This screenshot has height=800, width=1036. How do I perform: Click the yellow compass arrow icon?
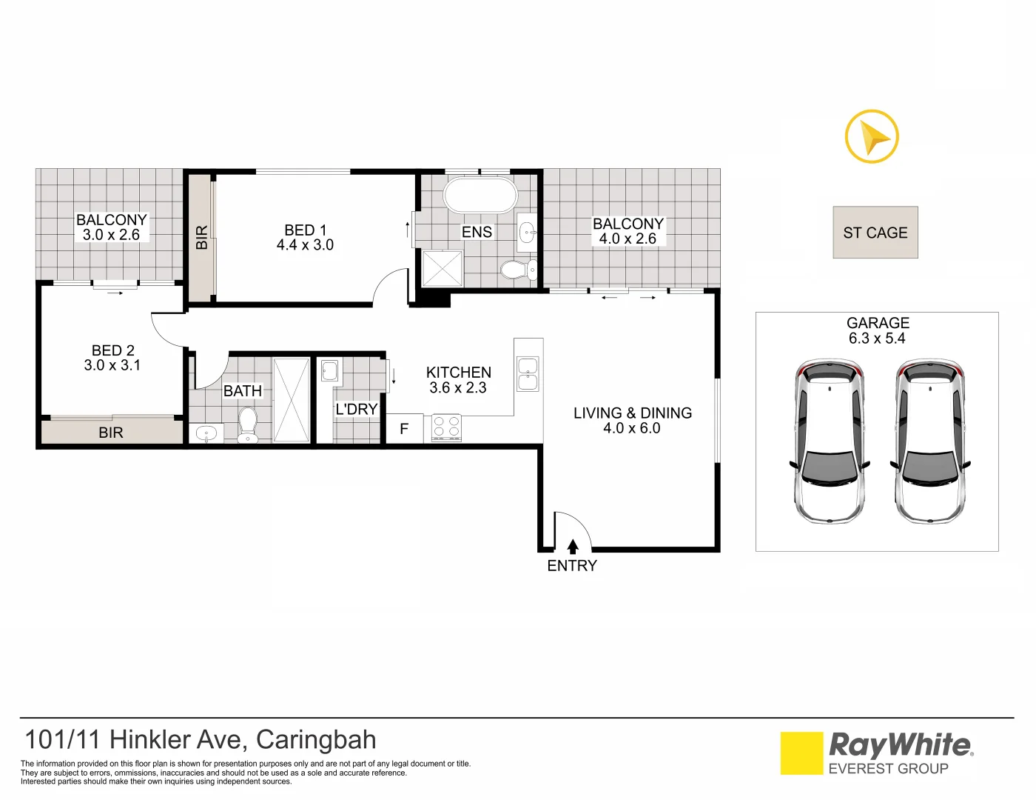pyautogui.click(x=872, y=137)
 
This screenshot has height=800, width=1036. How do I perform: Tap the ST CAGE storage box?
pyautogui.click(x=875, y=233)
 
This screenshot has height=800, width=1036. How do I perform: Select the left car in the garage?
pyautogui.click(x=829, y=442)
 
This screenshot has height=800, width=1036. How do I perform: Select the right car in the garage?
pyautogui.click(x=930, y=442)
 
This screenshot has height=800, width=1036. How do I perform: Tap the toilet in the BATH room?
pyautogui.click(x=248, y=424)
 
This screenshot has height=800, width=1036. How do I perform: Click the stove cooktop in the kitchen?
pyautogui.click(x=446, y=427)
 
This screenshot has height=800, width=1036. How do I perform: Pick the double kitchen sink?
pyautogui.click(x=528, y=373)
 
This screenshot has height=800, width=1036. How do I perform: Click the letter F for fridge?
pyautogui.click(x=404, y=429)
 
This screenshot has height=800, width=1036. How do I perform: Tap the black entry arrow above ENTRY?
pyautogui.click(x=573, y=547)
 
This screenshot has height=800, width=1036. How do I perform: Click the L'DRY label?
pyautogui.click(x=357, y=409)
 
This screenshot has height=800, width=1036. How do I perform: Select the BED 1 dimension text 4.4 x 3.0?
pyautogui.click(x=305, y=245)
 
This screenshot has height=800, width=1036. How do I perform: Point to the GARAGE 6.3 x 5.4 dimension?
pyautogui.click(x=877, y=339)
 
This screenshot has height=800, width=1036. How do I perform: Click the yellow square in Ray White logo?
pyautogui.click(x=801, y=753)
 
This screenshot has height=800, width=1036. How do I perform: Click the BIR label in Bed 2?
pyautogui.click(x=111, y=433)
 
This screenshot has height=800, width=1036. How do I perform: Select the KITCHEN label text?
pyautogui.click(x=459, y=373)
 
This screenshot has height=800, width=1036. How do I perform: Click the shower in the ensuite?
pyautogui.click(x=442, y=268)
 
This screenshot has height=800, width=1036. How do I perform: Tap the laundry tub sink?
pyautogui.click(x=330, y=371)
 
